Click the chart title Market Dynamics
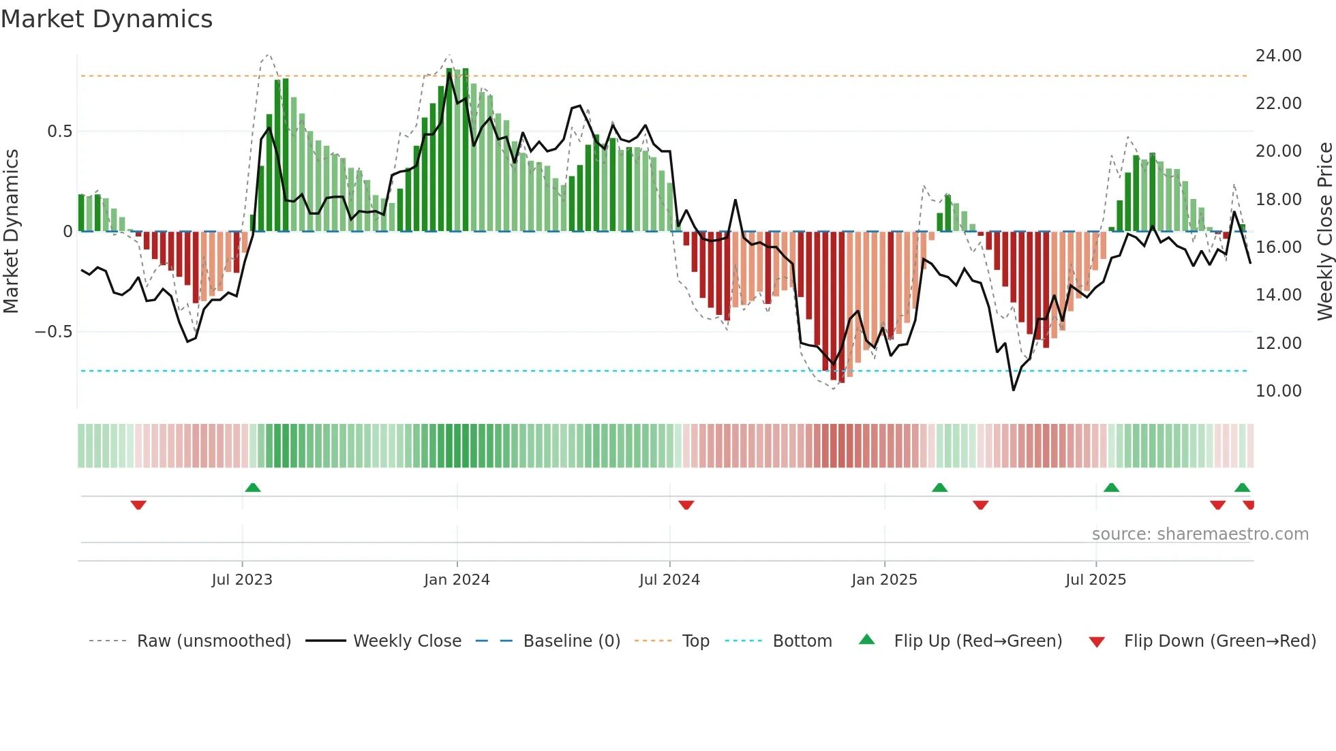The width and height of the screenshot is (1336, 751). [106, 19]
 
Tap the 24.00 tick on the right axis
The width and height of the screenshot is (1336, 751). [1278, 56]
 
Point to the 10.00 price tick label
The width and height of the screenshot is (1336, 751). [1278, 391]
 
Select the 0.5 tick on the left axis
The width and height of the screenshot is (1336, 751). [59, 132]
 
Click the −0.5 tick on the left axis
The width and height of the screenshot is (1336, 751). [53, 332]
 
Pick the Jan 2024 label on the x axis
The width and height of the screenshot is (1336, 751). [457, 580]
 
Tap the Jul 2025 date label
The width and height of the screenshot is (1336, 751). [1095, 580]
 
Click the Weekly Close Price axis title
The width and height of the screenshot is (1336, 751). [1324, 232]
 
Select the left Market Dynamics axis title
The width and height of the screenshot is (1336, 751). [11, 232]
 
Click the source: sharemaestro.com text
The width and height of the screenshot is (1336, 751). [1200, 534]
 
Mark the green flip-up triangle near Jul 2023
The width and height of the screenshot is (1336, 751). [253, 488]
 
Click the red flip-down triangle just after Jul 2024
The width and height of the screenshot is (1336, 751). [686, 505]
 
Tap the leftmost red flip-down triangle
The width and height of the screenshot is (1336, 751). [138, 505]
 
